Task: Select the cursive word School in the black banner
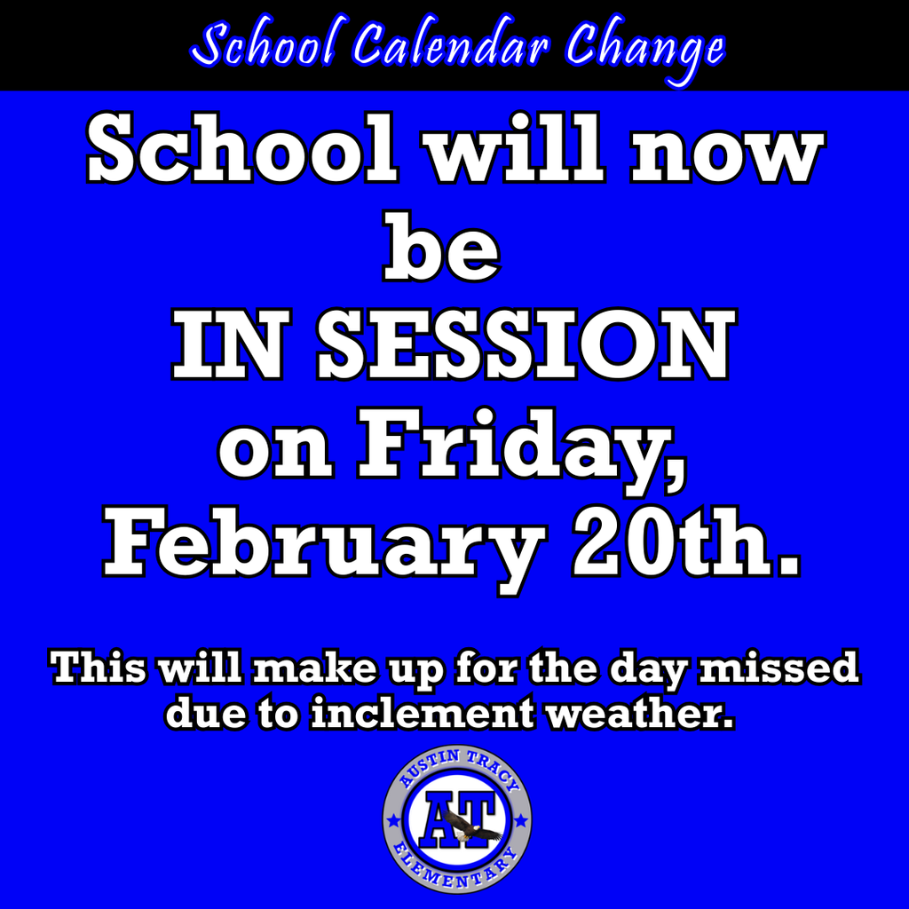[259, 46]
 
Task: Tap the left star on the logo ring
[393, 821]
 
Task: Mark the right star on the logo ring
[520, 821]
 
